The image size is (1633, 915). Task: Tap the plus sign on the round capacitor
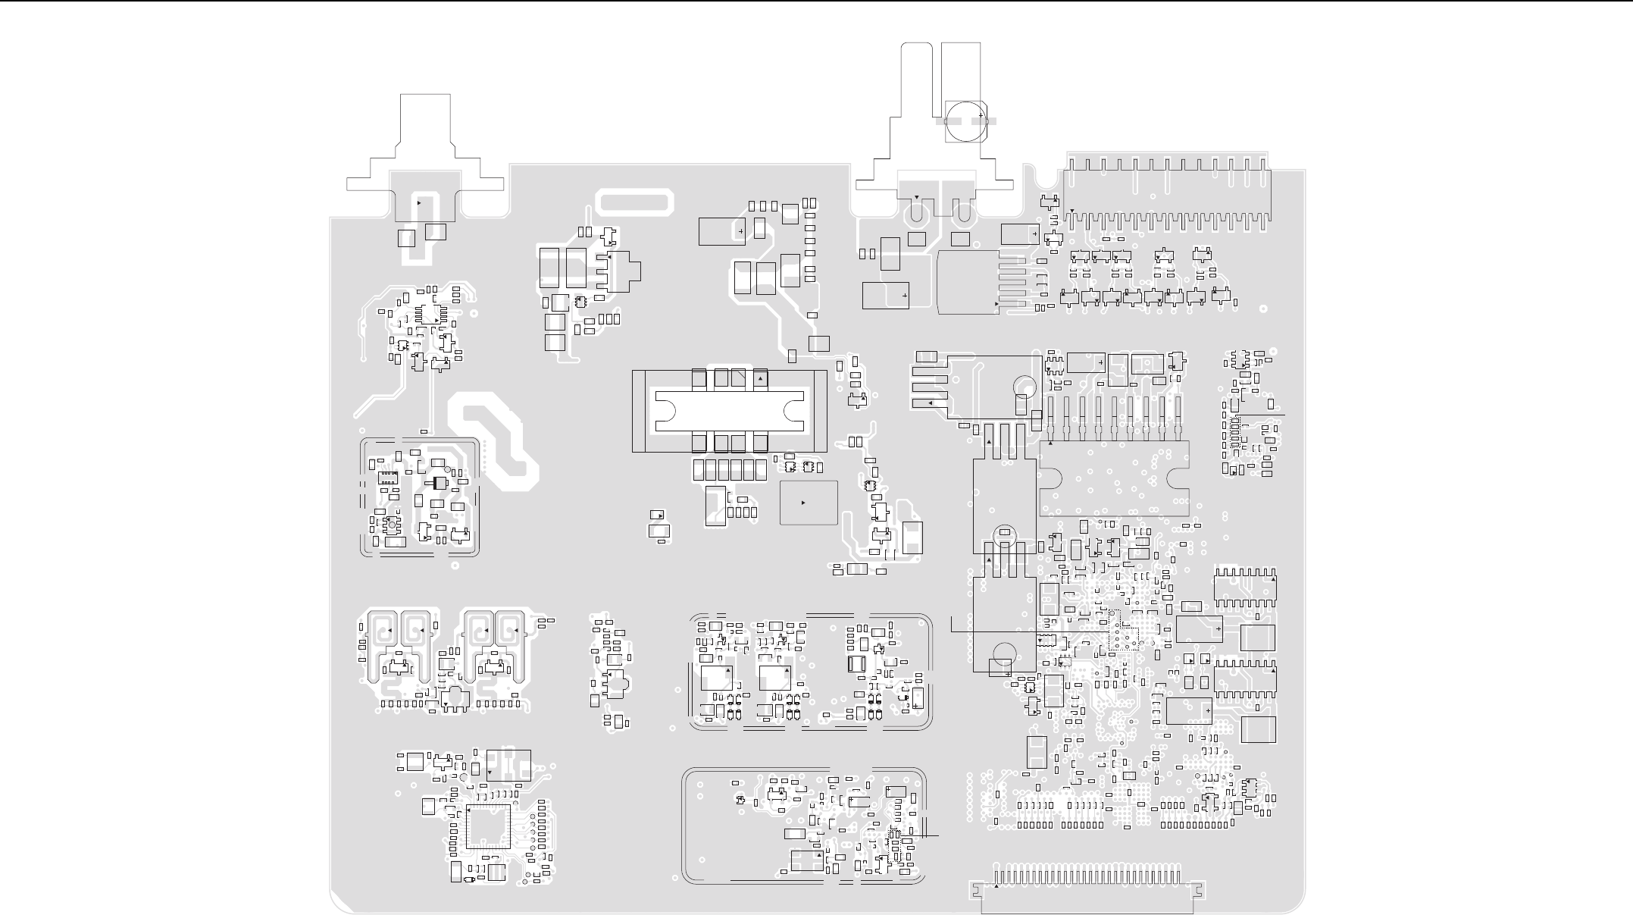click(981, 116)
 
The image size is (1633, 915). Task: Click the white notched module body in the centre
click(729, 410)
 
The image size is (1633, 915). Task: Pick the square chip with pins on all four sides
click(488, 826)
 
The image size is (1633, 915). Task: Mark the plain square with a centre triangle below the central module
click(809, 503)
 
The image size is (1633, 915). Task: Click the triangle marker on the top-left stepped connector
click(419, 203)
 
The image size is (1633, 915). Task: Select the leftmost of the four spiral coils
click(385, 631)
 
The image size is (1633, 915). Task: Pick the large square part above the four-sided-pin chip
click(508, 766)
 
